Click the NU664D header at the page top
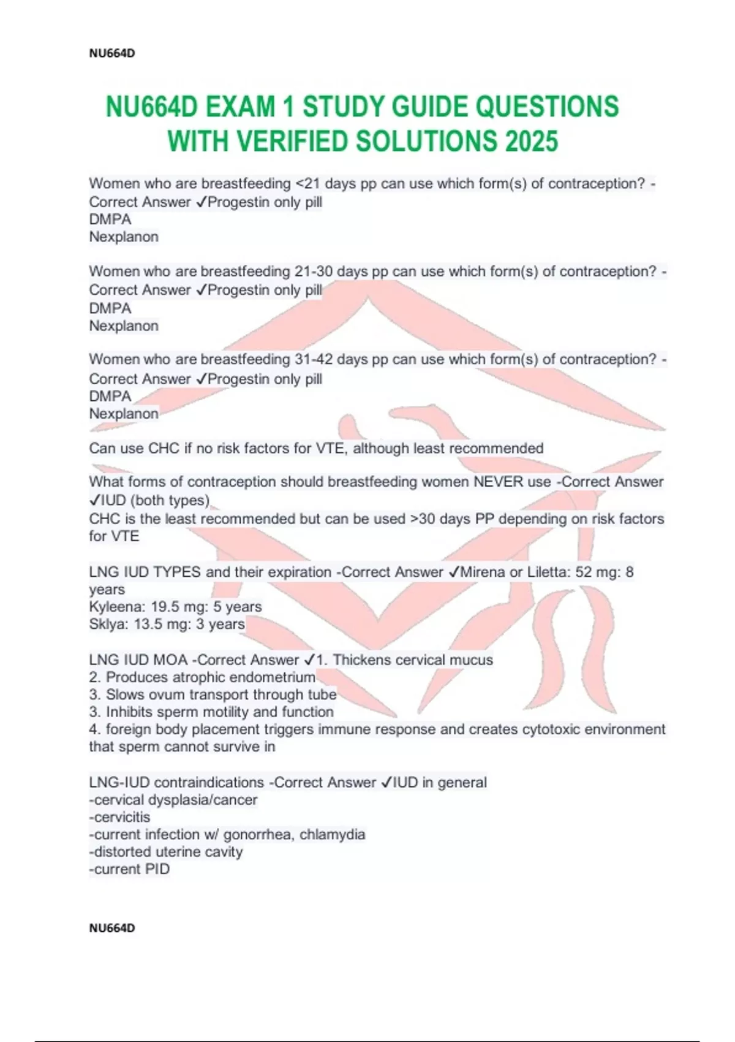click(112, 53)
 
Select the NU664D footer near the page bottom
click(112, 928)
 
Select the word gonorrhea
click(257, 834)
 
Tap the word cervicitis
click(121, 817)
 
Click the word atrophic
click(182, 677)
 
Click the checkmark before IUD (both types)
click(95, 501)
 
